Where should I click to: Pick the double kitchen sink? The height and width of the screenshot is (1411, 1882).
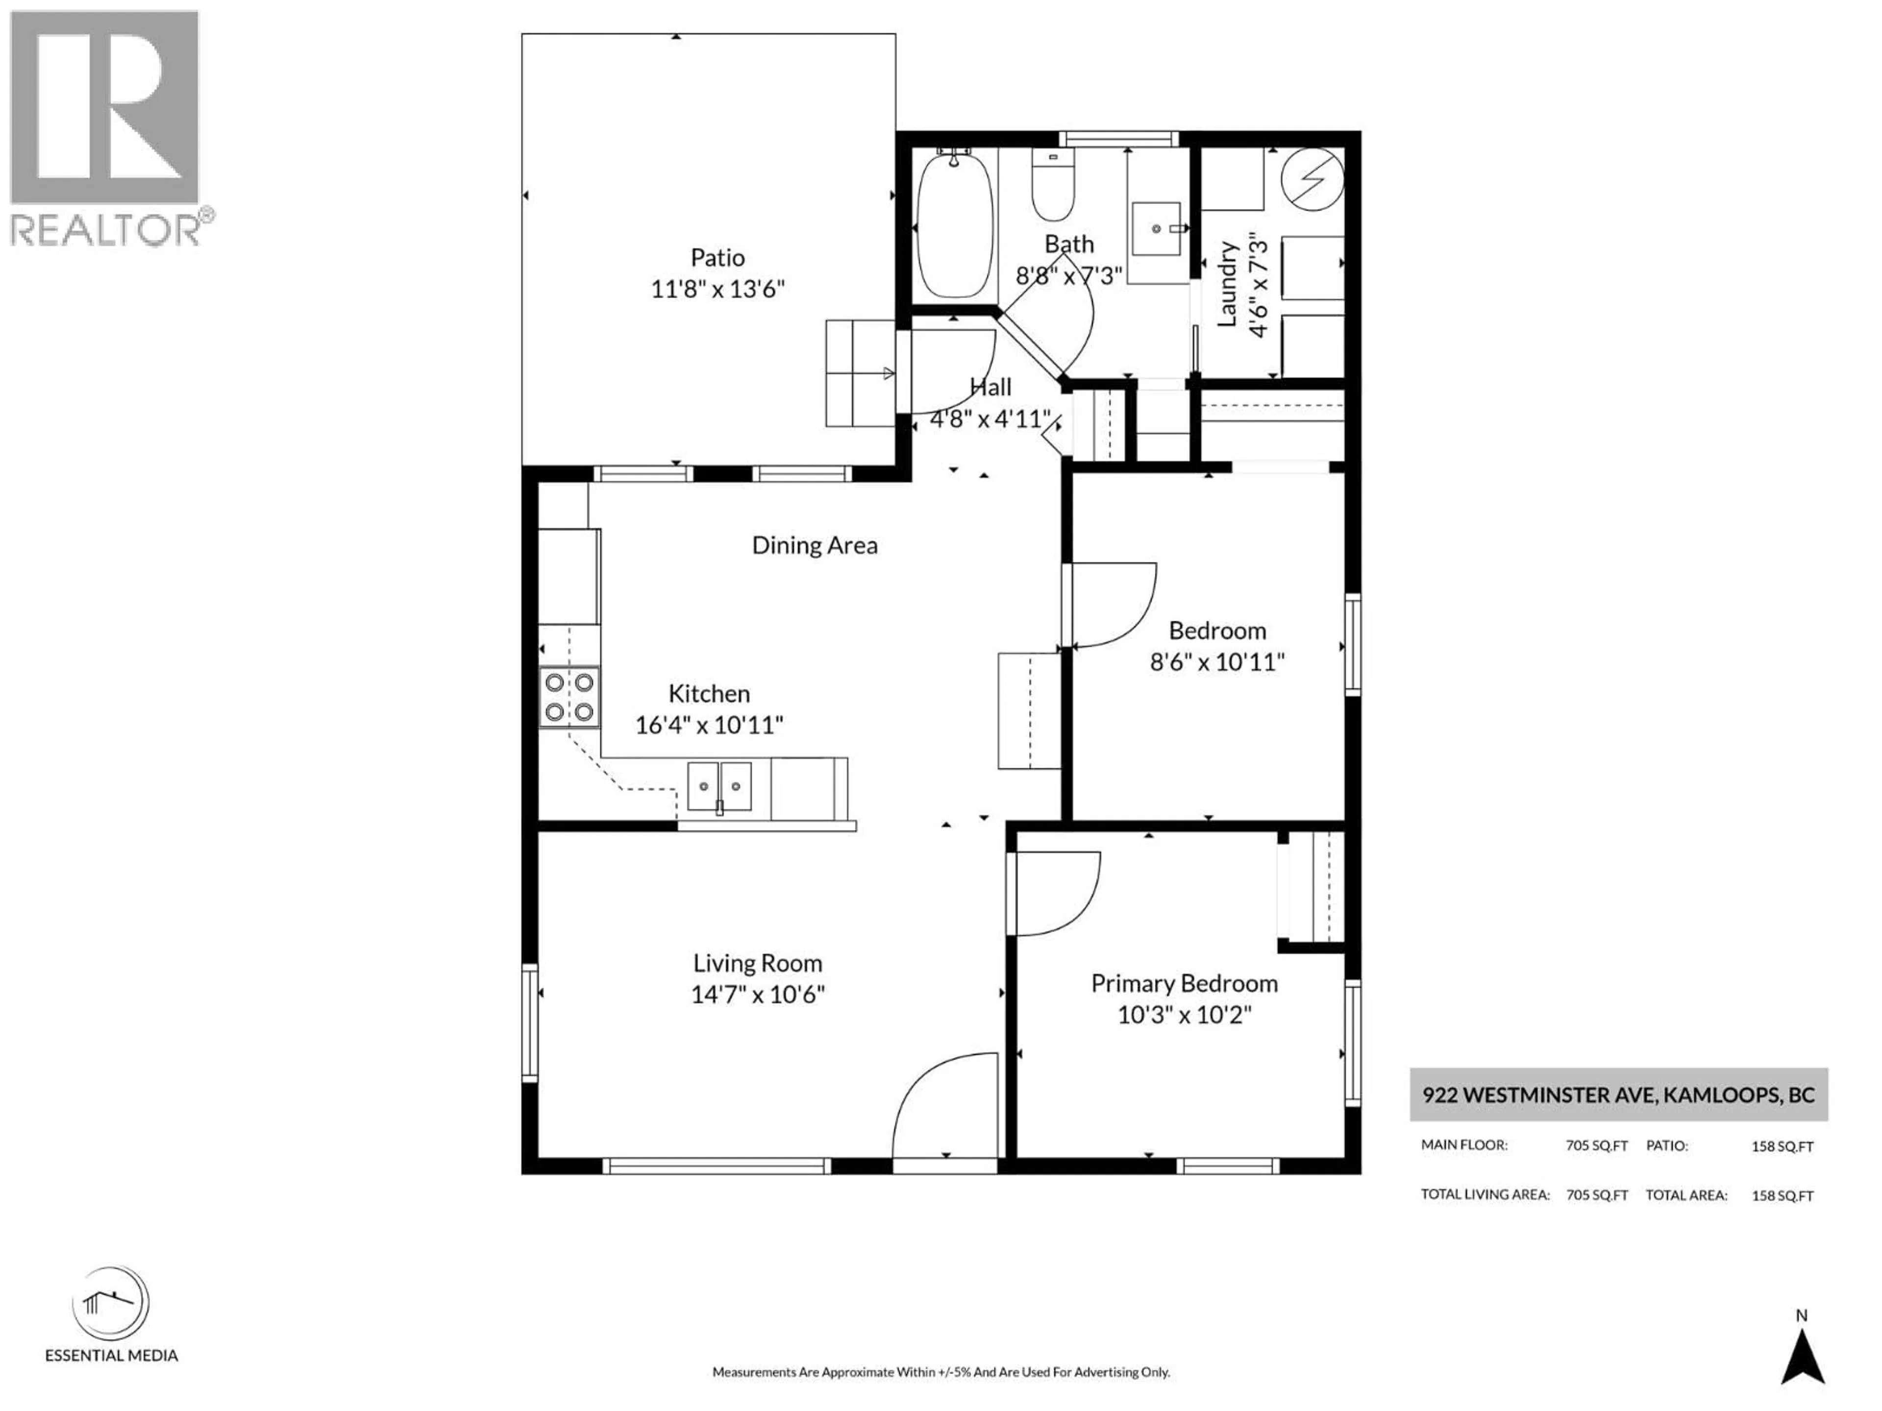click(719, 787)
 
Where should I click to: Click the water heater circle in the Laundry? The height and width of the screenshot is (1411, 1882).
click(1313, 179)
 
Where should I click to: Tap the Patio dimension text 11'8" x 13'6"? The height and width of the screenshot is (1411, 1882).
click(717, 289)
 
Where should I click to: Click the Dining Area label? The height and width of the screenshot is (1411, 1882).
click(814, 545)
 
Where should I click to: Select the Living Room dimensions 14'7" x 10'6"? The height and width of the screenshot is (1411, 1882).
click(757, 994)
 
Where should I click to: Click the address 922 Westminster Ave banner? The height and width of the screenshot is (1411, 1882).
click(1618, 1095)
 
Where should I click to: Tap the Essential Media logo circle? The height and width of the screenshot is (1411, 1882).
click(111, 1304)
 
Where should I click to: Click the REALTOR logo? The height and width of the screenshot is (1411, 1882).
click(105, 127)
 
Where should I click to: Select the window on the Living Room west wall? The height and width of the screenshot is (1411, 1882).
click(529, 1022)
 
